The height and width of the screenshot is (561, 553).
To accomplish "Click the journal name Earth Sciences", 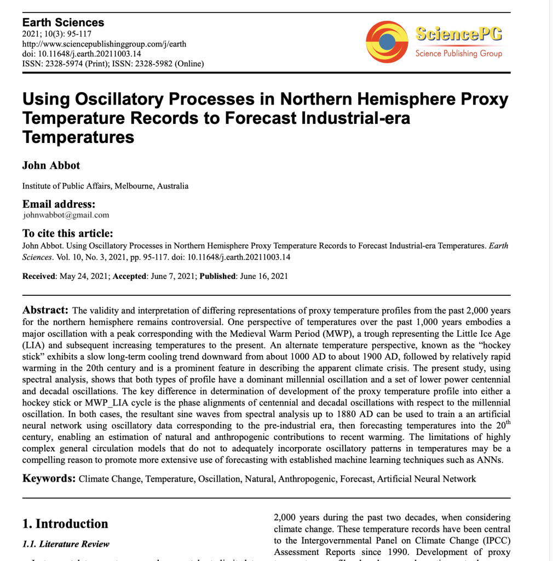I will pos(63,23).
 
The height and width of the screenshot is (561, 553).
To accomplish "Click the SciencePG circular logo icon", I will pos(387,42).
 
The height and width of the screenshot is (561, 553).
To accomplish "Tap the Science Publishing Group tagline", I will pos(458,54).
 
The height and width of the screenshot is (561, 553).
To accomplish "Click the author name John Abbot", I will pos(51,165).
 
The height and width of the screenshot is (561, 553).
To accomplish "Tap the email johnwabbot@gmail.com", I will pos(66,215).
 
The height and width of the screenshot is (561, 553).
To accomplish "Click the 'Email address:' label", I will pos(59,204).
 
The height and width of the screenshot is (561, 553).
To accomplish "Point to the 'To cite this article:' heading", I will pos(67,233).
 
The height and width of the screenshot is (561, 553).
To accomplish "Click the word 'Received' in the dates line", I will pos(38,276).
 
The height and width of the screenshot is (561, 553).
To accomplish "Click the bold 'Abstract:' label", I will pos(45,310).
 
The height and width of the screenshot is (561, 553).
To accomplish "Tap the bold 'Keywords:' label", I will pos(49,479).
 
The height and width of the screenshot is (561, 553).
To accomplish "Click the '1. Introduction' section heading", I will pos(65,524).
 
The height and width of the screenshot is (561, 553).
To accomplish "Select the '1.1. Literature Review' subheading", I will pos(66,544).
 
